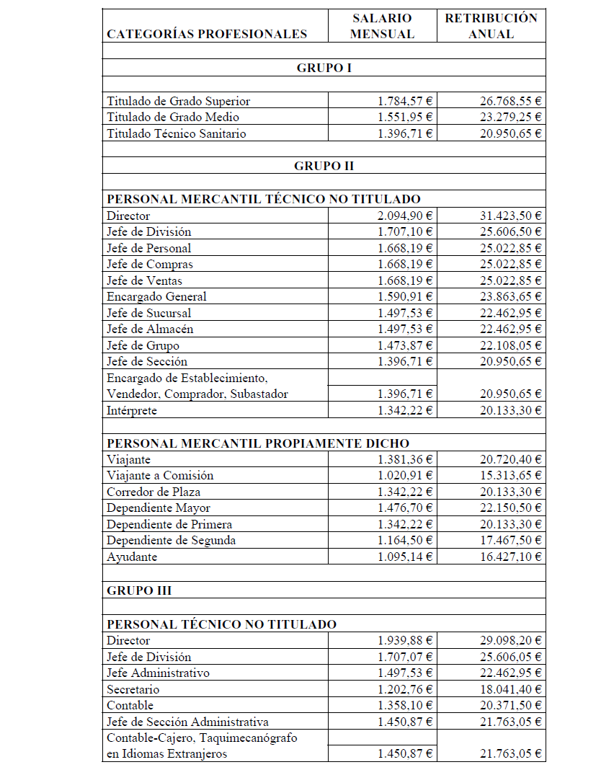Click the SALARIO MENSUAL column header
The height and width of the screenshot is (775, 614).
pos(383,26)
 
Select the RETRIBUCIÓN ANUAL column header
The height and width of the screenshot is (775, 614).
pos(491,26)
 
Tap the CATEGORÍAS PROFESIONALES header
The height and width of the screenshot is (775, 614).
pos(207,34)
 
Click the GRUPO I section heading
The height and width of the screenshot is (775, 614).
pos(324,68)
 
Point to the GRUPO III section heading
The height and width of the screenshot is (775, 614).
pos(139,590)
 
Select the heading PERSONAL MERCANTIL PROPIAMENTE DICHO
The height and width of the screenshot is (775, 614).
pos(257,443)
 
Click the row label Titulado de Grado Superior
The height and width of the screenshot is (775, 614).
pos(178,101)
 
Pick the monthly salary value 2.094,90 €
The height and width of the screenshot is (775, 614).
pos(405,216)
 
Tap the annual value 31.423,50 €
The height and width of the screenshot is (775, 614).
pos(510,216)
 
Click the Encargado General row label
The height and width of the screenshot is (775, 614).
pos(156,296)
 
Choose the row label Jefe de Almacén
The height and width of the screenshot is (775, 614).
pos(151,329)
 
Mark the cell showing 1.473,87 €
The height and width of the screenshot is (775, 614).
pos(405,345)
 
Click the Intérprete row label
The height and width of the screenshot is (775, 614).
pos(132,410)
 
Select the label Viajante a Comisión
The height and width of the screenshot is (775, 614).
pos(160,476)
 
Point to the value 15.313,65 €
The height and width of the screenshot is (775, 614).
pos(510,476)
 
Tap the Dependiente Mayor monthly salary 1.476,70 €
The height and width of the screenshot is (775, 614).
pos(405,508)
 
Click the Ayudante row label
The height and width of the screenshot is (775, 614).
pos(132,557)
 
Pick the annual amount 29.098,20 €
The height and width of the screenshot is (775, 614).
pos(510,640)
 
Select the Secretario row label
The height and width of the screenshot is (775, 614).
pos(133,689)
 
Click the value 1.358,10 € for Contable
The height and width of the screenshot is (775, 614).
pos(405,705)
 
